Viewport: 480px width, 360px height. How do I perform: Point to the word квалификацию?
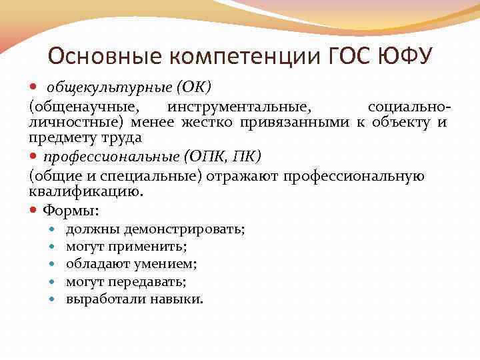pyautogui.click(x=85, y=191)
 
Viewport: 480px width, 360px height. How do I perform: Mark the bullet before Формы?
pyautogui.click(x=34, y=211)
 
